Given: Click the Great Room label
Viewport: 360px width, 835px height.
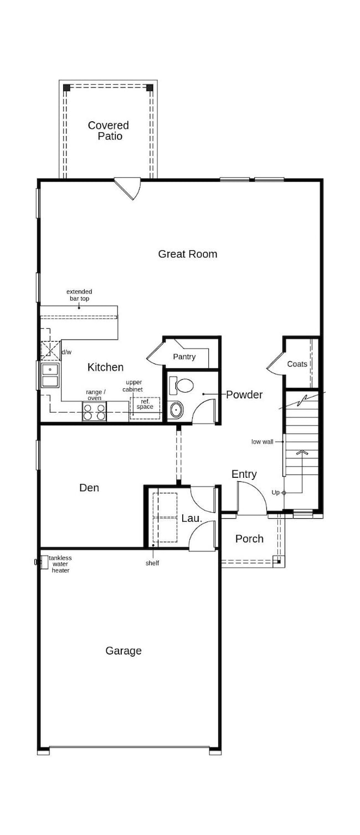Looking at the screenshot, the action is pos(187,254).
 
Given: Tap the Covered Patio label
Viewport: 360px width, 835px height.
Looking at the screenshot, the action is pos(109,131).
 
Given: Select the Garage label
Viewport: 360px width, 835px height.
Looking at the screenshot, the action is pos(124,651).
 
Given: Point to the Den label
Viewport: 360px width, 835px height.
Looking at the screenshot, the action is pos(89,488).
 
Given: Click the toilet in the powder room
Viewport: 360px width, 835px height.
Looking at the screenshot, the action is pos(182,385).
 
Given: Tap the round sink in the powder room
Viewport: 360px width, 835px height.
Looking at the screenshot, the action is pos(177,410).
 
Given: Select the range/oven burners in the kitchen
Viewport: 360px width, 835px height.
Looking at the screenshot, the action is pos(94,412).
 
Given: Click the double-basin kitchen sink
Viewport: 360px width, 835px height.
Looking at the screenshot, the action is pos(50,376).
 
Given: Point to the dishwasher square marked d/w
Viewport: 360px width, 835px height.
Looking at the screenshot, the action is pos(51,351).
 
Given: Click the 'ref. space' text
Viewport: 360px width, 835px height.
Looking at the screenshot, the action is pos(145,404).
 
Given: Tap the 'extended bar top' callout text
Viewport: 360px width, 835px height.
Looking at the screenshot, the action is pos(79,295).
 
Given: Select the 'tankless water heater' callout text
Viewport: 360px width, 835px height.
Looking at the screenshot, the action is pos(60,564).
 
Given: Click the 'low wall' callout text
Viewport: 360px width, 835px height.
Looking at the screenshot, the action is pos(263,442).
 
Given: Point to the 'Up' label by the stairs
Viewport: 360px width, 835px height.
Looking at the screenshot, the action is pos(275,492).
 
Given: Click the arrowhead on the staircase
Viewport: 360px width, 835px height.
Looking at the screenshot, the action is pos(302,452).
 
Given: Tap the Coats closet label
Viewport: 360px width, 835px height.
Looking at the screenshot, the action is pos(297,364).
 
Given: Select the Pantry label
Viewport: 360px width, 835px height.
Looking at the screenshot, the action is pos(184,357).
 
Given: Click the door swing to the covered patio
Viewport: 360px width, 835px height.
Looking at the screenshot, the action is pos(128,189).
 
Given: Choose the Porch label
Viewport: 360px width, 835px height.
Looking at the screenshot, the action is pos(249,539).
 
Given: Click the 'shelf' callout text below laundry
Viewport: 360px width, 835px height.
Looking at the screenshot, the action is pos(152,563).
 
